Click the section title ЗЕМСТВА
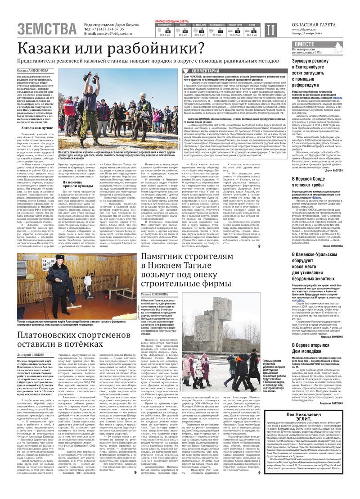[47, 29]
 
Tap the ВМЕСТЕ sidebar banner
[310, 44]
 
